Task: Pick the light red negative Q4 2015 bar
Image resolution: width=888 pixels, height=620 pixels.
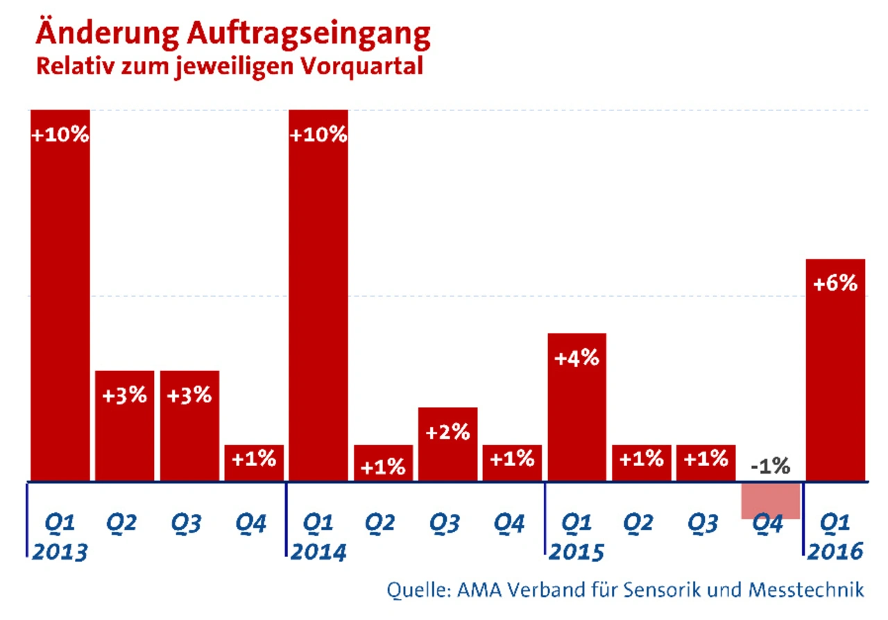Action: click(x=771, y=501)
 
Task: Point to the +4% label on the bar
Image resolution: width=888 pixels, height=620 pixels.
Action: click(x=577, y=359)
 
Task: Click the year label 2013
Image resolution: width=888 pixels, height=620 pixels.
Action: click(x=59, y=552)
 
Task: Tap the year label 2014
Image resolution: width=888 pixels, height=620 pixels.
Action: click(x=318, y=552)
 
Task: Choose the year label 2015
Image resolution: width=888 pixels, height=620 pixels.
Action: click(x=577, y=552)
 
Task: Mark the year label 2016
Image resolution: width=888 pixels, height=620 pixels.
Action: click(x=835, y=552)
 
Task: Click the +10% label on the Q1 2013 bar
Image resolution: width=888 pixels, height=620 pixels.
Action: click(x=60, y=135)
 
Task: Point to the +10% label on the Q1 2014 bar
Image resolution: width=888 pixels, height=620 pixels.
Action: click(x=318, y=135)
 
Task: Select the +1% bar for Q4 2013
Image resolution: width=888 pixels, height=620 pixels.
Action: click(x=254, y=463)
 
